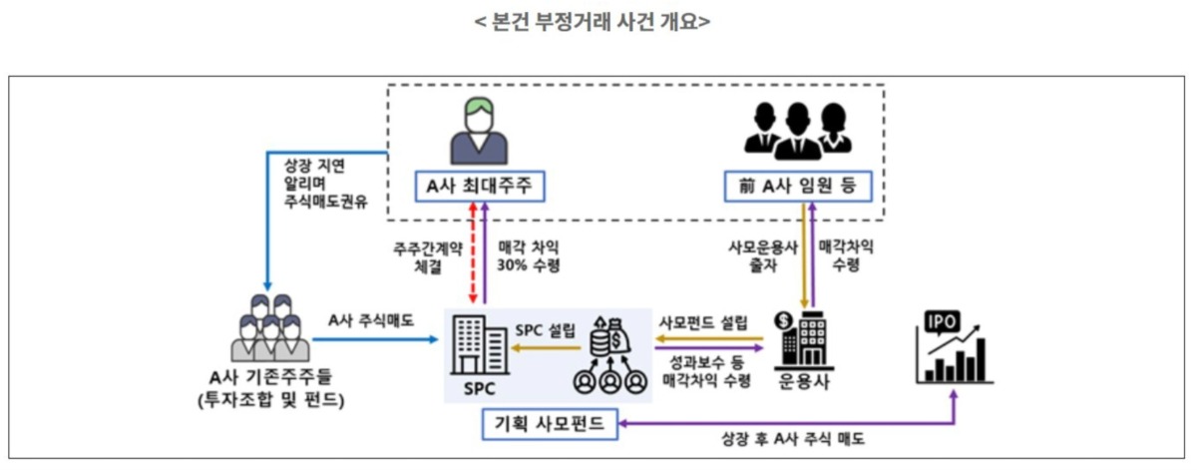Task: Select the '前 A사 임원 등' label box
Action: pos(796,187)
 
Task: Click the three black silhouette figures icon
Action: pos(796,130)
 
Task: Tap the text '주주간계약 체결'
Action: pos(427,257)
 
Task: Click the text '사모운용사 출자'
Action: pos(762,257)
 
